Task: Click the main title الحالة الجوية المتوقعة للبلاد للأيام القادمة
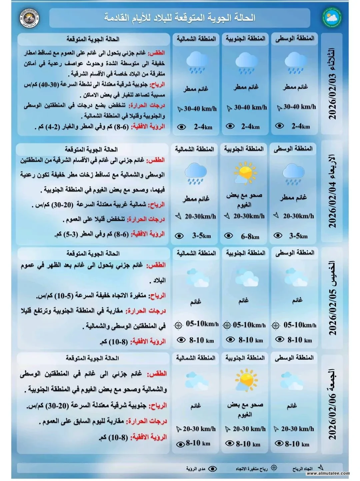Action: [180, 18]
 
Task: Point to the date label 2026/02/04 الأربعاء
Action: [332, 191]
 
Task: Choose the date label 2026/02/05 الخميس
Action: [332, 298]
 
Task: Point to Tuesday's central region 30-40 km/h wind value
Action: [299, 107]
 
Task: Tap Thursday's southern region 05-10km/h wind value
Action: [249, 325]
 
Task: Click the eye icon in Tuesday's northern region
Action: [181, 127]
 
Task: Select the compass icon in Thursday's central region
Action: [276, 325]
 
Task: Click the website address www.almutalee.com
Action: [328, 473]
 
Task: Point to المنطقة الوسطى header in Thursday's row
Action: [295, 253]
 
